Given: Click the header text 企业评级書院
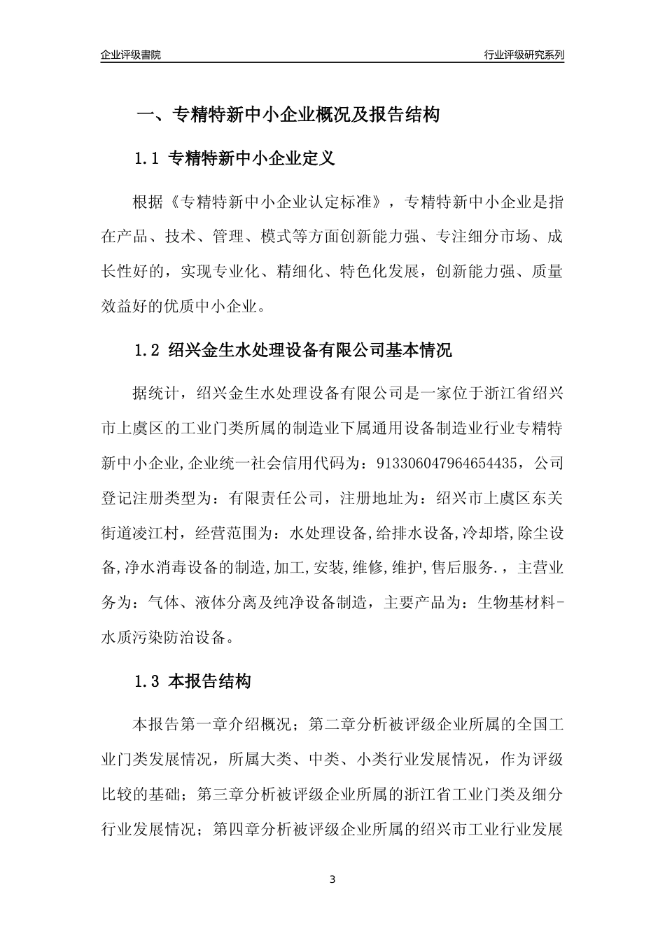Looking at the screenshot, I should (131, 55).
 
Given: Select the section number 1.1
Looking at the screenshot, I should (147, 159).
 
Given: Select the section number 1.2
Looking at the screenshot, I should (147, 350).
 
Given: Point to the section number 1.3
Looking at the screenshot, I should (147, 681).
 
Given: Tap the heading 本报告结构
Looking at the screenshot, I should (210, 681).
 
